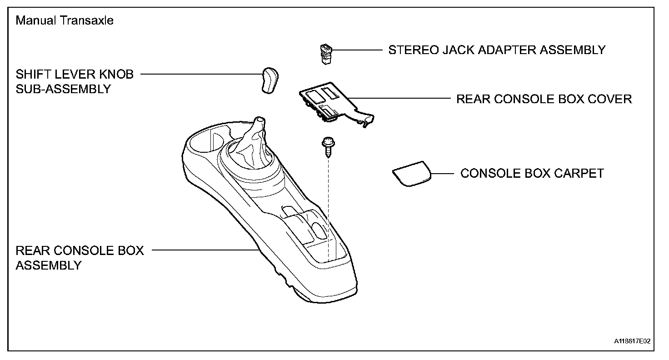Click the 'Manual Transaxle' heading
(64, 21)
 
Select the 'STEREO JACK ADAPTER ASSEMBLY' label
(497, 50)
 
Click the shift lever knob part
(270, 80)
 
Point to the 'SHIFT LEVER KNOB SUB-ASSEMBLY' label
(75, 81)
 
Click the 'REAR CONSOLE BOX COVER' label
(544, 99)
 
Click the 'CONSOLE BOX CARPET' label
(532, 174)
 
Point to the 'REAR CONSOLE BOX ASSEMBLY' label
(80, 258)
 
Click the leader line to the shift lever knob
(200, 74)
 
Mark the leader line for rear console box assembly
(205, 250)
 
